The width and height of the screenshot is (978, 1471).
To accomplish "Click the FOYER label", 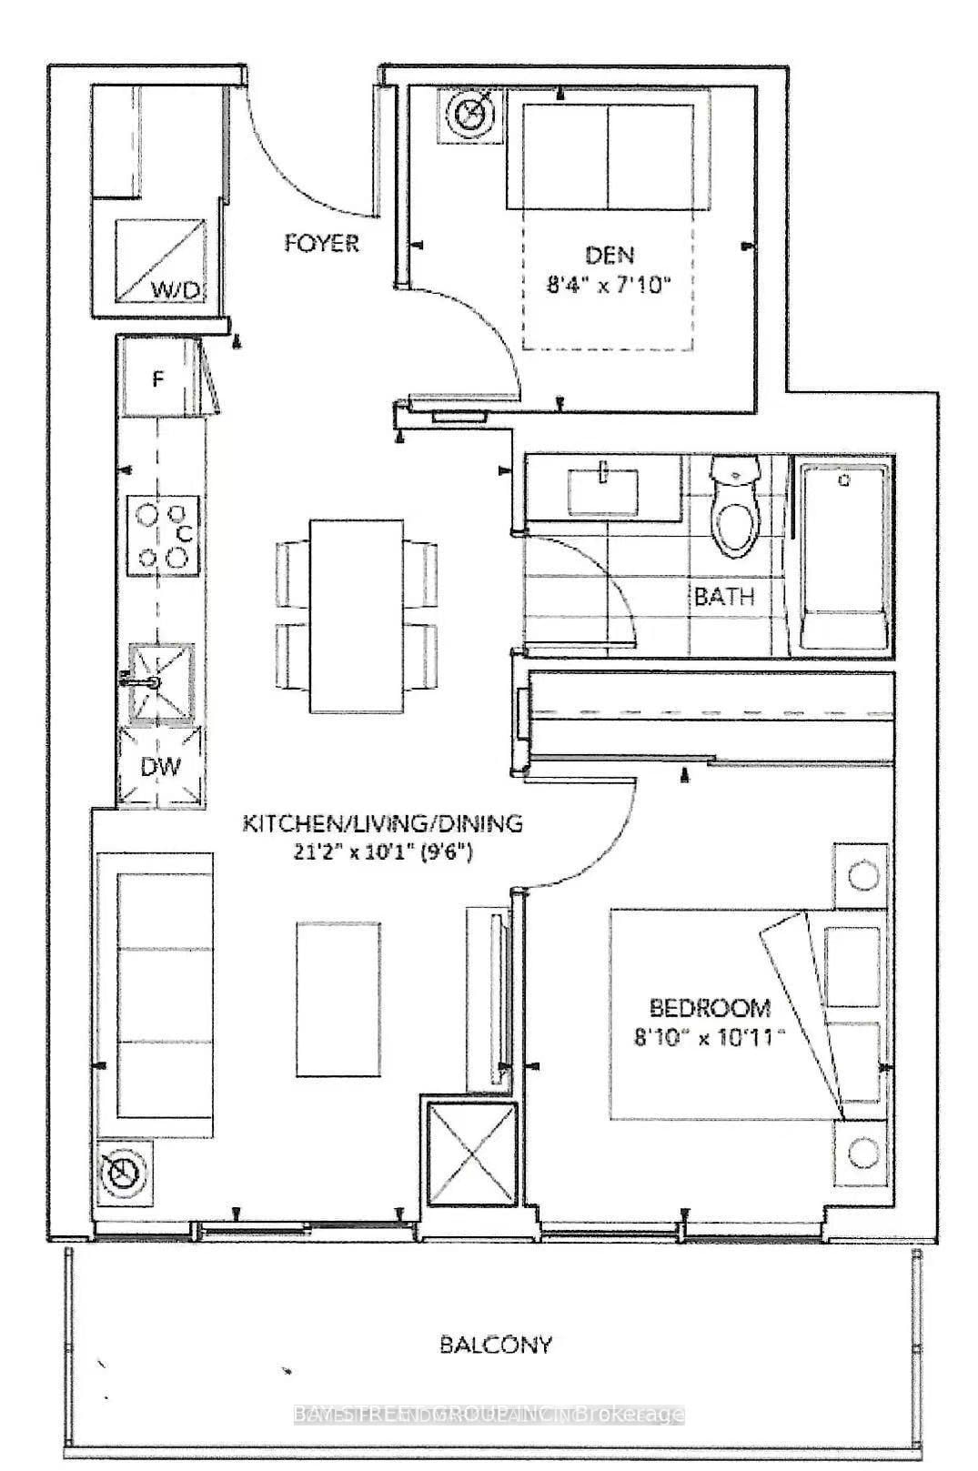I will pyautogui.click(x=321, y=244).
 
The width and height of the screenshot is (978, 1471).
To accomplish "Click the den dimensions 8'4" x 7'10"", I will pyautogui.click(x=609, y=286).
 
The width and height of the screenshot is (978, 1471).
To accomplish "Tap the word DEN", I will pyautogui.click(x=610, y=255).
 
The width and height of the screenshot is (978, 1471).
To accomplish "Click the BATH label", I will pyautogui.click(x=724, y=597).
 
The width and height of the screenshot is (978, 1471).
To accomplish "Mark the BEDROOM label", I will pyautogui.click(x=710, y=1008).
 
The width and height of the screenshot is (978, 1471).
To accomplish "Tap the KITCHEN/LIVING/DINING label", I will pyautogui.click(x=382, y=824).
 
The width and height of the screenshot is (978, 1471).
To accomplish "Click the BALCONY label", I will pyautogui.click(x=495, y=1345).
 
